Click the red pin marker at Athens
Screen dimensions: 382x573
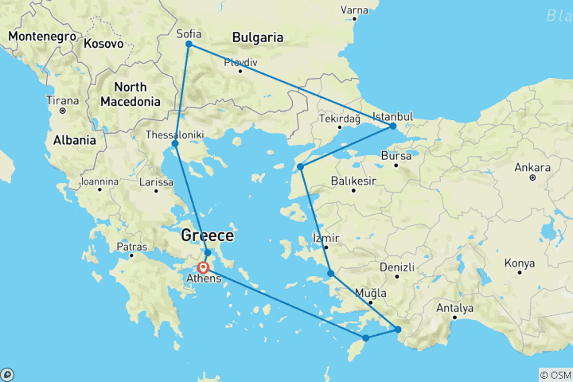[203, 267]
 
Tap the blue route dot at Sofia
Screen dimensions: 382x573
[189, 45]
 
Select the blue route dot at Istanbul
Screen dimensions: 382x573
[393, 126]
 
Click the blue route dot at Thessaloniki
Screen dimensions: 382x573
[175, 144]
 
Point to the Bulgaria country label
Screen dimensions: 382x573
[257, 37]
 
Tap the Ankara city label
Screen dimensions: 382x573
[532, 168]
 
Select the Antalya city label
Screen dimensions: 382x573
[455, 308]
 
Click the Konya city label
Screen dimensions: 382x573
[520, 263]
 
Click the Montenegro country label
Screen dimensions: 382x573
[41, 37]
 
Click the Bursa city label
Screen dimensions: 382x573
[396, 156]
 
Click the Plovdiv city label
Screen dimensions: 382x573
[240, 62]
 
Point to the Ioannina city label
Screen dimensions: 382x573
[99, 181]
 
